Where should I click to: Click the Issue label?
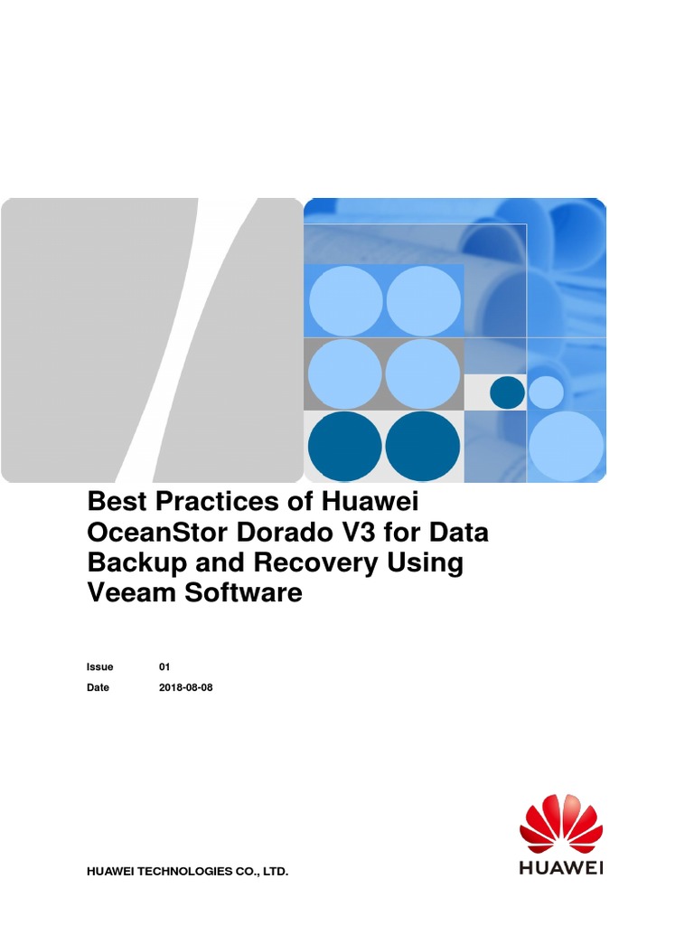100,666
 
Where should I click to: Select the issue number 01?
164,666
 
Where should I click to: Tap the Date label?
98,687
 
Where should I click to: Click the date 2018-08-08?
186,687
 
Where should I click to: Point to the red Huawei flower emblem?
561,822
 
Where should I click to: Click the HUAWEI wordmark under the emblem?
561,867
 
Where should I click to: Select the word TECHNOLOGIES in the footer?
187,872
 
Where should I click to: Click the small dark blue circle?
507,392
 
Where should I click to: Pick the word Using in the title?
427,562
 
